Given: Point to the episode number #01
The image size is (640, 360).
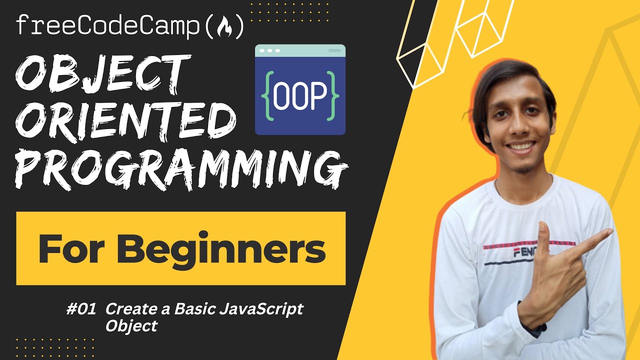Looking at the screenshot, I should coord(80,309).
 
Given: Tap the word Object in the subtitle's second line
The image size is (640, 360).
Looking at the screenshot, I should coord(131,326).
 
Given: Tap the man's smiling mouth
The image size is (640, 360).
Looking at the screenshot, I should coord(521,148).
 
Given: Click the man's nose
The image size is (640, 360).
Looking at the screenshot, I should coord(519,128).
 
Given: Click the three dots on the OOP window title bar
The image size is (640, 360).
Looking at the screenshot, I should coord(270,51).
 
